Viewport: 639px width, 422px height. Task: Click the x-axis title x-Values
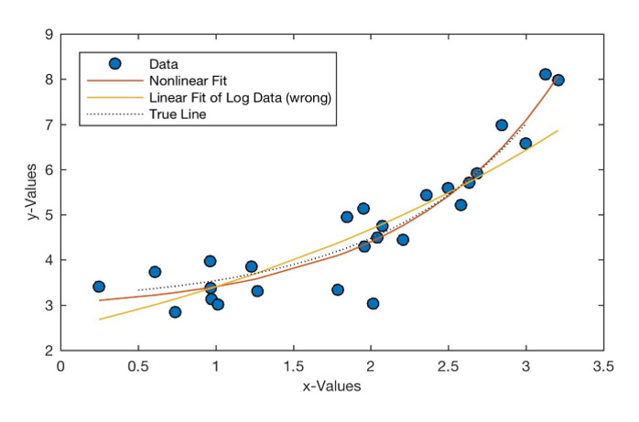coord(331,386)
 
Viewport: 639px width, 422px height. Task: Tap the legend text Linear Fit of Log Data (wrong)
coord(239,97)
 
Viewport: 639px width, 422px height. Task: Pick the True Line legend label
coord(178,114)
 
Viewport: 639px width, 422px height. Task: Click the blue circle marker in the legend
coord(114,63)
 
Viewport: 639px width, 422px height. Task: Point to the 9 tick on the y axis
coord(48,35)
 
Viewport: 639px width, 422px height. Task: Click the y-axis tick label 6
coord(48,169)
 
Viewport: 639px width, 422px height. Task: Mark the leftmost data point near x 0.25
coord(99,287)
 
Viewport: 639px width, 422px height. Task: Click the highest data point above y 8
coord(546,74)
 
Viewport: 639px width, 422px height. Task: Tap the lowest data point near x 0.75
coord(175,312)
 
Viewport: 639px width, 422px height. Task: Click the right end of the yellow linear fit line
coord(558,131)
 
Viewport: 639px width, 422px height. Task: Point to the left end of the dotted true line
coord(138,290)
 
